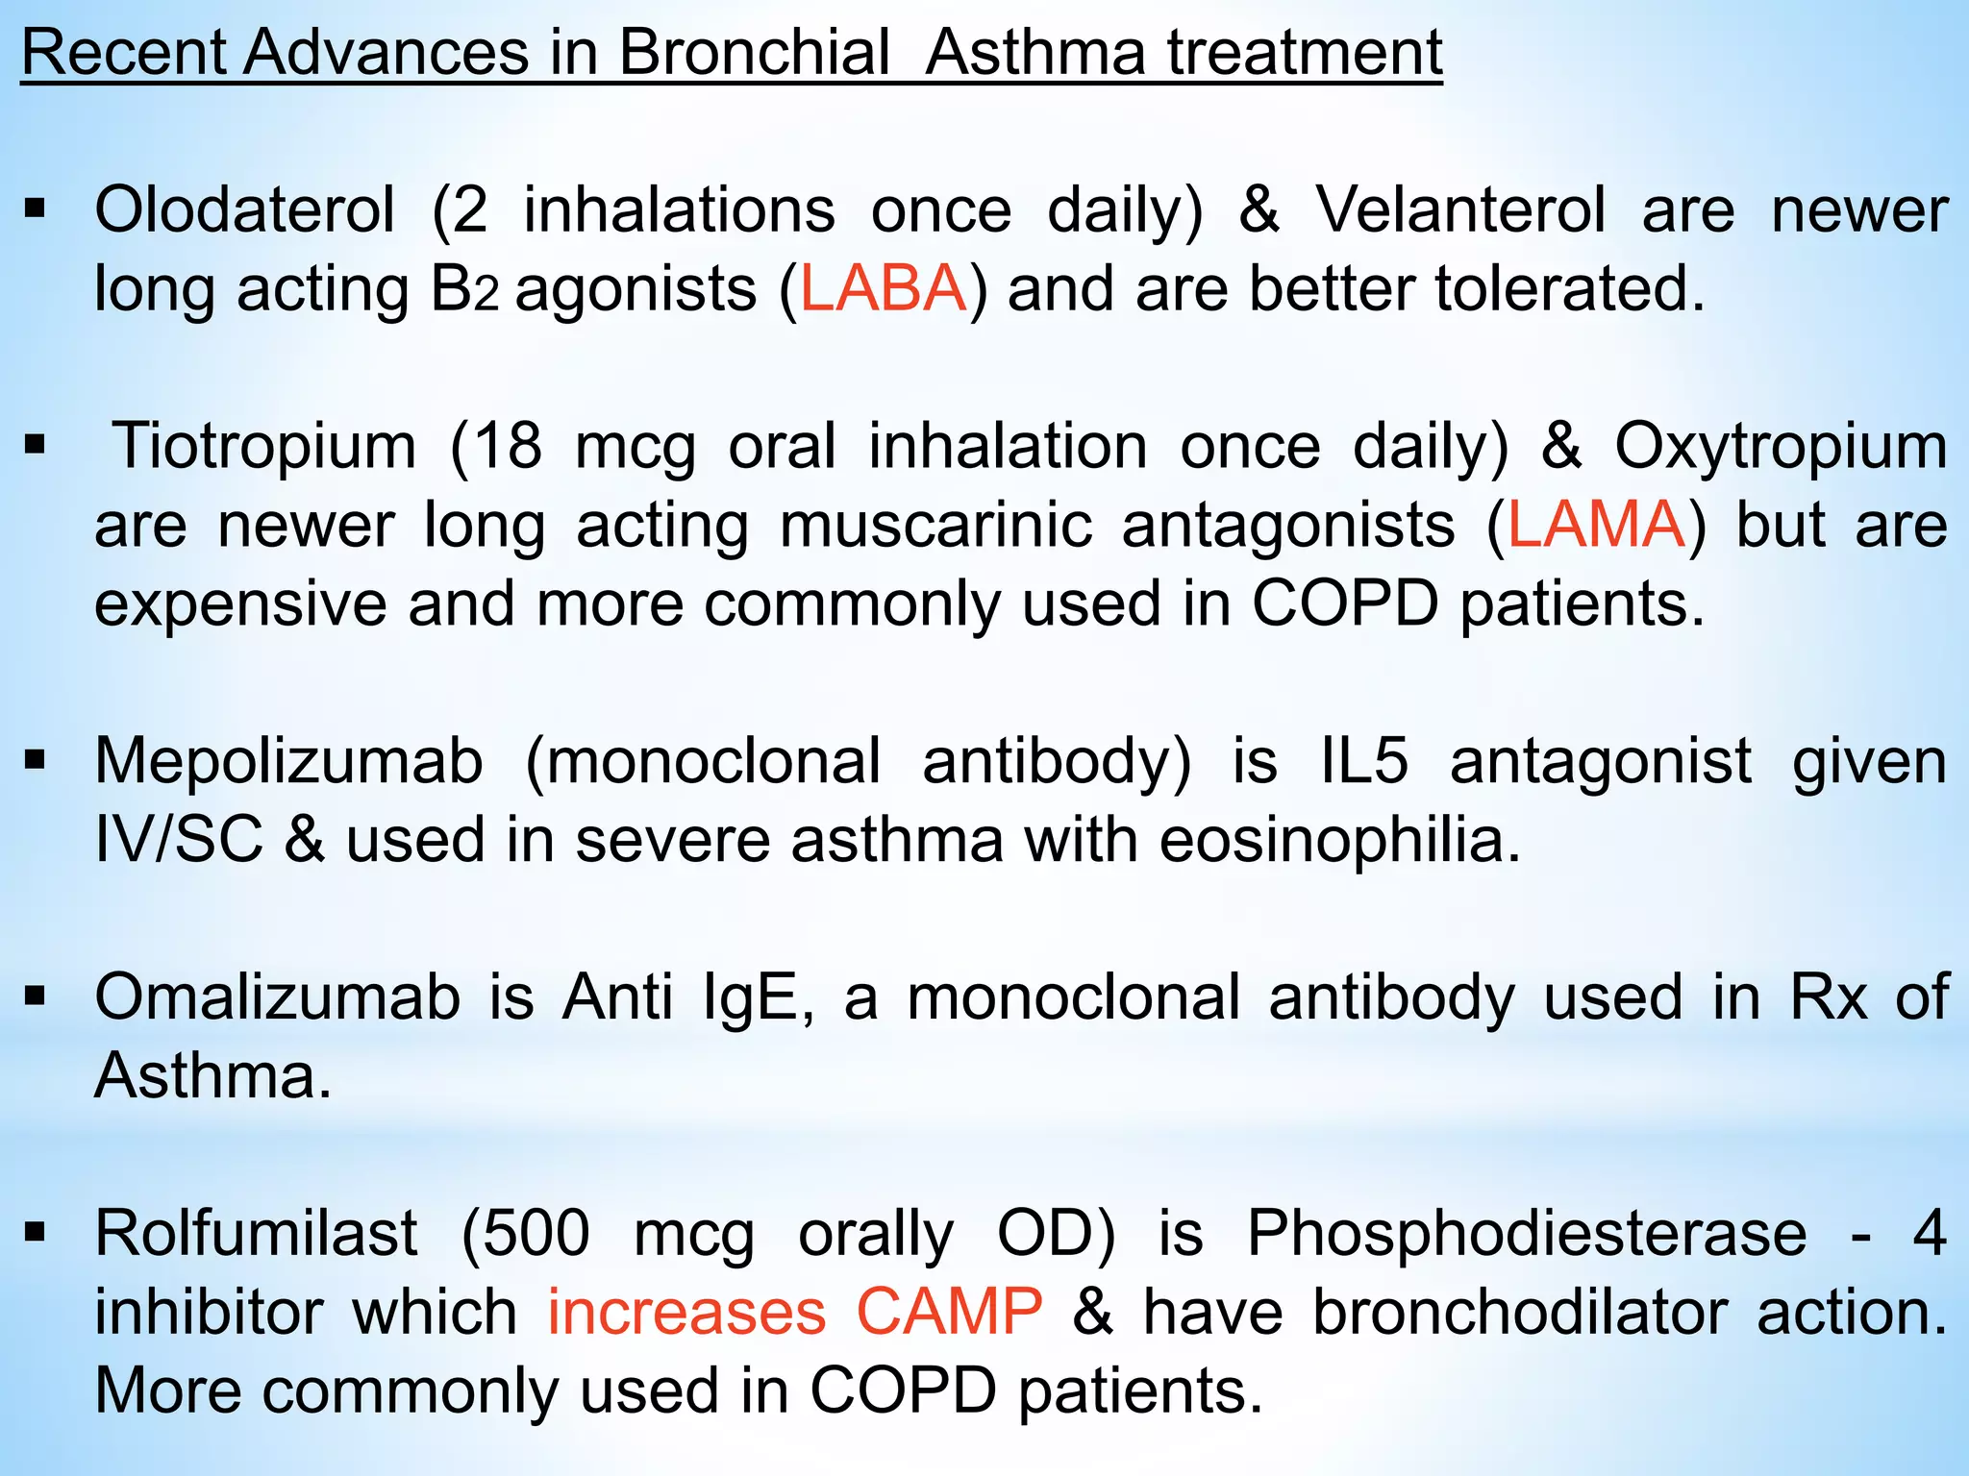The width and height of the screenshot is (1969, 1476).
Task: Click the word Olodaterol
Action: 244,210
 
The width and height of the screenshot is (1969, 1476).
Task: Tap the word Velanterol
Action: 1460,210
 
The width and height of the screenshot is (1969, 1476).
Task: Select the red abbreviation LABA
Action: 883,289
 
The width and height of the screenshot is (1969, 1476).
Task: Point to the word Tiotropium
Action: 264,447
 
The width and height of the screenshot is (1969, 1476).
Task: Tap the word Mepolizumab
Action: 288,762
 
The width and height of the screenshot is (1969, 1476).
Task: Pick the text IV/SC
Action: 179,841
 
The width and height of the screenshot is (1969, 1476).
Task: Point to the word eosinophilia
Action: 1339,841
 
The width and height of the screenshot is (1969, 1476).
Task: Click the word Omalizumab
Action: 278,997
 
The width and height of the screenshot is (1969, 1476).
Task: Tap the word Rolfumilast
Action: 256,1234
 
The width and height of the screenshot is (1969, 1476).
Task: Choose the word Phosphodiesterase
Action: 1527,1234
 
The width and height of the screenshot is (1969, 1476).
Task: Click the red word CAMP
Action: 949,1313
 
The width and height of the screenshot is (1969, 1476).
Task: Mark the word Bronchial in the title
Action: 754,53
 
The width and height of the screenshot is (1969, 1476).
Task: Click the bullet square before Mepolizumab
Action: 36,762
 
